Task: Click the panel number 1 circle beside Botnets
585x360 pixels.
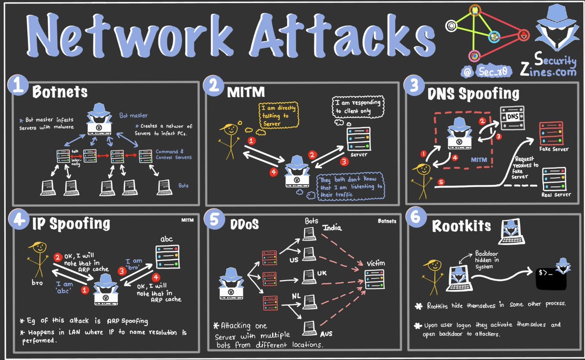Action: point(18,89)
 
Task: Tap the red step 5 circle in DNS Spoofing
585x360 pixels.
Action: point(441,183)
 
